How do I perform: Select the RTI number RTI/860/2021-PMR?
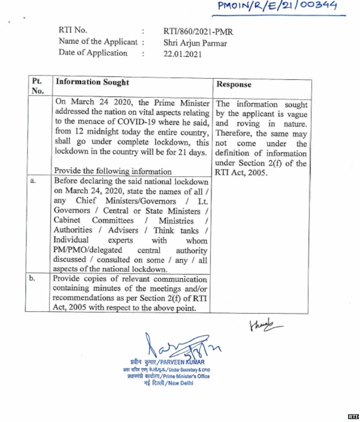tap(198, 32)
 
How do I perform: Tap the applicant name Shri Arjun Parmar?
tap(195, 42)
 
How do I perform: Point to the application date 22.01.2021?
tap(182, 53)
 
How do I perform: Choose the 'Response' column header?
tap(234, 84)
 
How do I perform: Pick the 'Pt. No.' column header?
tap(38, 87)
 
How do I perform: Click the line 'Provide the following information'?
tap(113, 171)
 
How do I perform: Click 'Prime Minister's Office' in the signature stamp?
tap(186, 376)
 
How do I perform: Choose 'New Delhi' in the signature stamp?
tap(179, 383)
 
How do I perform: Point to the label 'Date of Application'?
tap(93, 53)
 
